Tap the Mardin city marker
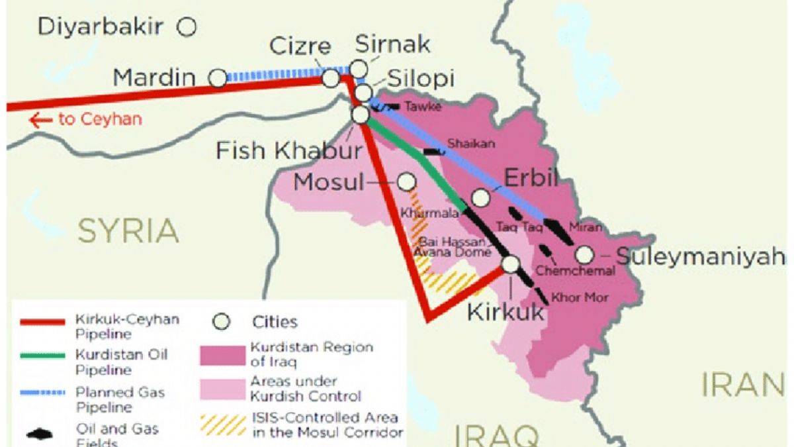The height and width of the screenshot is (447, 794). (x=217, y=78)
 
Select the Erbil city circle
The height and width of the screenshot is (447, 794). (x=481, y=197)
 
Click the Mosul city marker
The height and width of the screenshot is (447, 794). (x=407, y=181)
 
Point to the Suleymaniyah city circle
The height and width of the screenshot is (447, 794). (x=584, y=255)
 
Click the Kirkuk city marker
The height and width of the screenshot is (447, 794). (x=510, y=264)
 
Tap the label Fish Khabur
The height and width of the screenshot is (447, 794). (x=289, y=151)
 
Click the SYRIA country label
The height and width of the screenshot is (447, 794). (x=128, y=231)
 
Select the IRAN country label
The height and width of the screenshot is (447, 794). (x=742, y=385)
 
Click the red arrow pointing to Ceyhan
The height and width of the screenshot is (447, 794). (x=41, y=120)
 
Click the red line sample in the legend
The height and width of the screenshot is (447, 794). (x=42, y=322)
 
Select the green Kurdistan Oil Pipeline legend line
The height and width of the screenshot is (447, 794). (x=42, y=356)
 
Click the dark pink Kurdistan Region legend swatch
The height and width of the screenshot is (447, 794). (x=221, y=354)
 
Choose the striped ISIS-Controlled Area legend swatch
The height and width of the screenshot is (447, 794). (x=221, y=424)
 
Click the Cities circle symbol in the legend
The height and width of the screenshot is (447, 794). (x=222, y=322)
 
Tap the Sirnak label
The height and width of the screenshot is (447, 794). (x=392, y=44)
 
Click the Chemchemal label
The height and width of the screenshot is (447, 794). (x=575, y=270)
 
